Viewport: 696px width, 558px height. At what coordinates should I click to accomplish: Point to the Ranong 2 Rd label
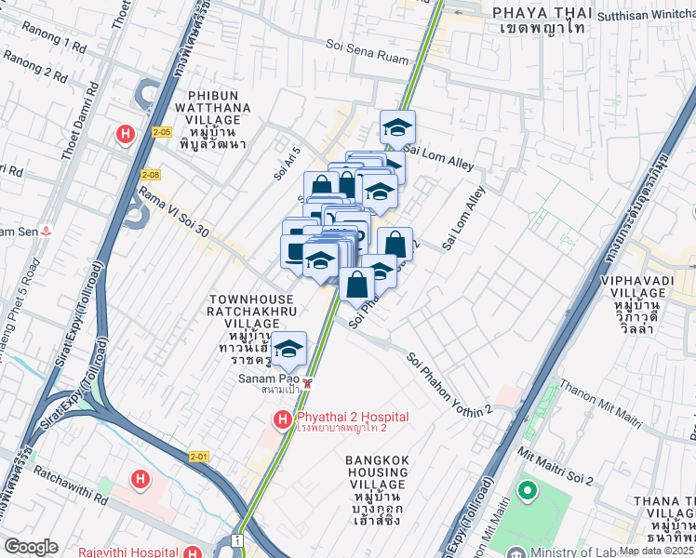click(34, 68)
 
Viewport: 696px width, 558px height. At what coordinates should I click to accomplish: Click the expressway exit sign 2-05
click(163, 132)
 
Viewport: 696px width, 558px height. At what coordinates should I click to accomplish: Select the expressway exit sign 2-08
click(152, 174)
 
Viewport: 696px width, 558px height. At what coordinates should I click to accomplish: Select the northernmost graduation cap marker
click(397, 128)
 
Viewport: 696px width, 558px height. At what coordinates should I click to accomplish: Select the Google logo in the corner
click(31, 547)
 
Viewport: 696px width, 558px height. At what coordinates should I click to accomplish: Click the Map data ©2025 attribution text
click(656, 551)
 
